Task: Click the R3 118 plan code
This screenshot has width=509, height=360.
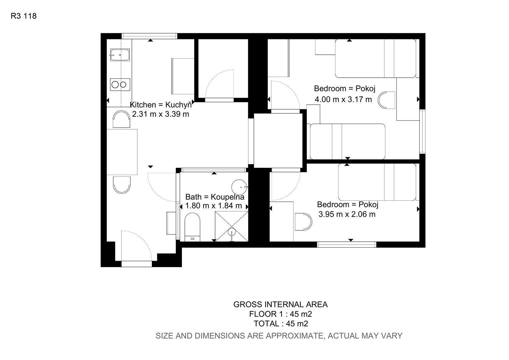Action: [24, 16]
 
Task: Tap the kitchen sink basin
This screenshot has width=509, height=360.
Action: [120, 55]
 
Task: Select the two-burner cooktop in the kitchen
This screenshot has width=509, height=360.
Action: [120, 85]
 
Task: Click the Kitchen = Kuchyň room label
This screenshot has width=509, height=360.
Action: [161, 105]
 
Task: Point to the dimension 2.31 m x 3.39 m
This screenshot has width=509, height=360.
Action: [161, 114]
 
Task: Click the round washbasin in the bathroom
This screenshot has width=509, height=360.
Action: [240, 187]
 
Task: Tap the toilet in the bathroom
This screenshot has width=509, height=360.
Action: [192, 227]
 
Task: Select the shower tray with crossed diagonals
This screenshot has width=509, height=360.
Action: [231, 226]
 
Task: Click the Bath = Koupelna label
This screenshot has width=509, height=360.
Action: [215, 197]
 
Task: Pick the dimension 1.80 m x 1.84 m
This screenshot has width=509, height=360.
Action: [214, 206]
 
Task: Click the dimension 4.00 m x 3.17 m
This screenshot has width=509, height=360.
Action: [343, 99]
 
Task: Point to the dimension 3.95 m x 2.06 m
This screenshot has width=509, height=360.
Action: [347, 214]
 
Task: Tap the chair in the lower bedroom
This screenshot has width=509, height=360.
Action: [303, 222]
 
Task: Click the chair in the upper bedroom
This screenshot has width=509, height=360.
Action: [386, 100]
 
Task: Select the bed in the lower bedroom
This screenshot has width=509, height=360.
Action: [377, 182]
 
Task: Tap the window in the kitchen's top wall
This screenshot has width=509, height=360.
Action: [149, 36]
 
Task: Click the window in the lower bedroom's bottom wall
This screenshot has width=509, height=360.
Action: [346, 244]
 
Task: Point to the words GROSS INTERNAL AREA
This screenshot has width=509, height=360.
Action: [280, 304]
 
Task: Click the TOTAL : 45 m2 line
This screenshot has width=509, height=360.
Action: [281, 323]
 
